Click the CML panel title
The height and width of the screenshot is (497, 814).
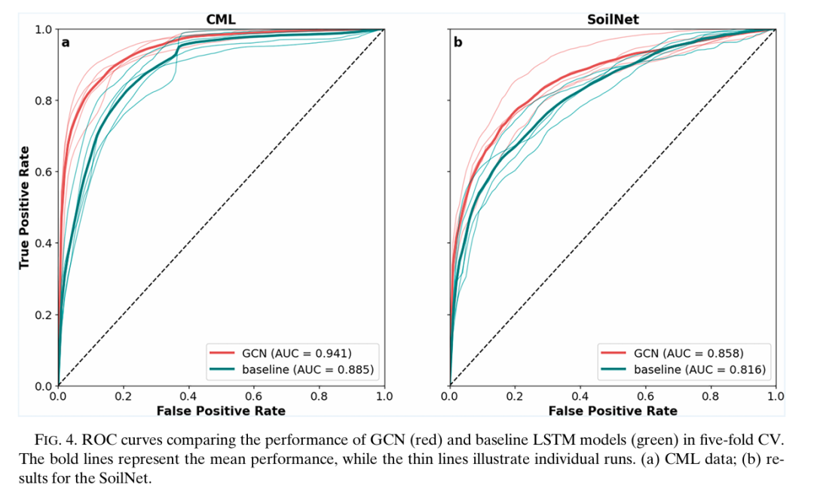click(221, 20)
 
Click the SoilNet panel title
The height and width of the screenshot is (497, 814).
click(612, 20)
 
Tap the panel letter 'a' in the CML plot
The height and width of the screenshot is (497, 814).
click(66, 43)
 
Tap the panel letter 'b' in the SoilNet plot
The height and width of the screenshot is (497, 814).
click(457, 43)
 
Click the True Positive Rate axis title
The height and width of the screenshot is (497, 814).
click(24, 207)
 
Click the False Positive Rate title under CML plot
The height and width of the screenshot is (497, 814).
click(221, 410)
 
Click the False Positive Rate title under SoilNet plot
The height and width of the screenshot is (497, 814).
click(612, 410)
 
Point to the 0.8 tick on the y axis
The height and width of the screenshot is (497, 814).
click(44, 100)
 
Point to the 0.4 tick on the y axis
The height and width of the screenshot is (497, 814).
click(44, 243)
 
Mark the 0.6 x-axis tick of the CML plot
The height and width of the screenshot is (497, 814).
click(254, 396)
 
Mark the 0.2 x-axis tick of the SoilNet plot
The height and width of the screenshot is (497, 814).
click(515, 396)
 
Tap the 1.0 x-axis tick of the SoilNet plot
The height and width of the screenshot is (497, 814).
click(776, 396)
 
